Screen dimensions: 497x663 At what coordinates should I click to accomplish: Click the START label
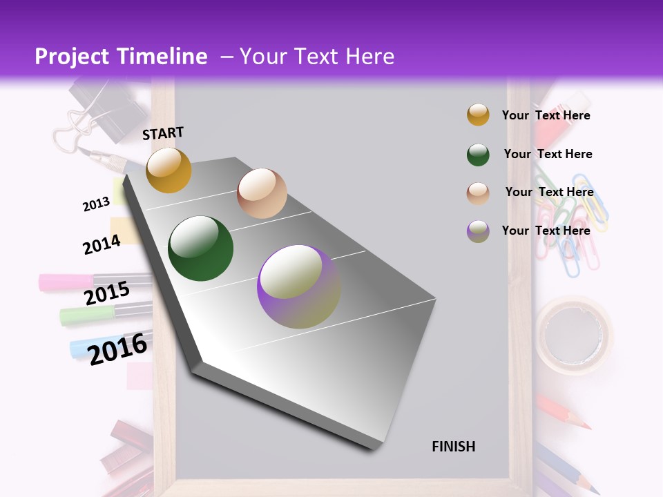(x=163, y=133)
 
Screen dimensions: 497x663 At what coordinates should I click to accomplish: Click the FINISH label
(x=453, y=447)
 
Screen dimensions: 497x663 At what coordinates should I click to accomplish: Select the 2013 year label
(x=96, y=204)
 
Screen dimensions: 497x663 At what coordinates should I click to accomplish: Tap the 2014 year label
(x=102, y=244)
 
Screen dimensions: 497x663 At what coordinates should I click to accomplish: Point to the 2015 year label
(x=106, y=293)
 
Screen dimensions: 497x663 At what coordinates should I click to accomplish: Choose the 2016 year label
(x=117, y=349)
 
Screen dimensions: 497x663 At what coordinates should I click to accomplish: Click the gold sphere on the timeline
(x=169, y=170)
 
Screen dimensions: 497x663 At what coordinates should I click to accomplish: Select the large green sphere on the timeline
(x=200, y=248)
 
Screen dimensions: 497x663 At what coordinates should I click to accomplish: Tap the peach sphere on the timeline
(x=262, y=193)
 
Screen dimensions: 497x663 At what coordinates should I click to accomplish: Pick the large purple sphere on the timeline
(x=298, y=286)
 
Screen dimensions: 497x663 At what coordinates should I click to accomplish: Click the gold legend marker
(x=478, y=115)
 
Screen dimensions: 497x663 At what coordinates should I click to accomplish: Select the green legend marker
(x=478, y=155)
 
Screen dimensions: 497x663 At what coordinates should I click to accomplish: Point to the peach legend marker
(x=478, y=193)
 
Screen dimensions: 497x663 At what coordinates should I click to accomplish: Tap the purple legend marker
(x=478, y=231)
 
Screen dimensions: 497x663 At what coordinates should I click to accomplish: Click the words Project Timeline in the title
(x=121, y=57)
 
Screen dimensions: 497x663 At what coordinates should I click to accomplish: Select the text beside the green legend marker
(x=548, y=154)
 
